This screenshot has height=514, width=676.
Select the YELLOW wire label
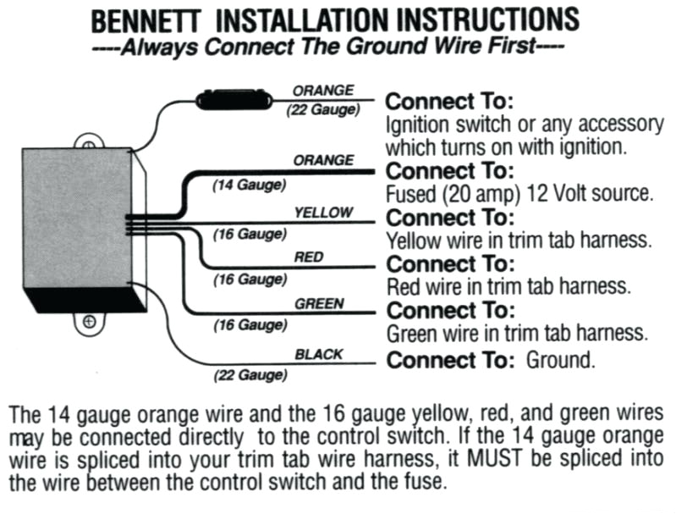coord(323,213)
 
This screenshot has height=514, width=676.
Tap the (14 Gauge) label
coord(248,185)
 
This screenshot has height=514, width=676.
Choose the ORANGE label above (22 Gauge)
coord(323,90)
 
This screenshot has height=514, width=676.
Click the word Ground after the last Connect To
coord(560,360)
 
